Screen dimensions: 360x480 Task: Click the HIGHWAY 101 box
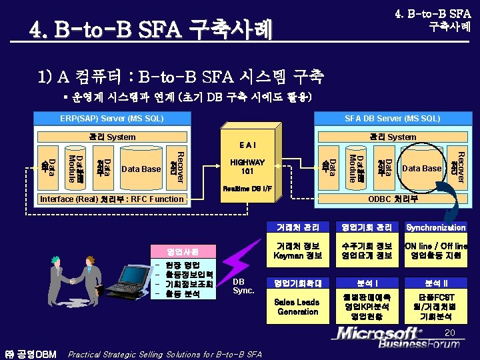tap(247, 167)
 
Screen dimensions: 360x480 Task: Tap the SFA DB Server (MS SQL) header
tap(392, 119)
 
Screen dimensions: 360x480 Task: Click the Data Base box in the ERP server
tap(141, 169)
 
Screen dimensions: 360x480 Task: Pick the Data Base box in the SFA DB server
tap(422, 169)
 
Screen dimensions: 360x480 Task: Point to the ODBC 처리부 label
tap(394, 199)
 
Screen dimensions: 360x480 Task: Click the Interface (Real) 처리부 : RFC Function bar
tap(111, 199)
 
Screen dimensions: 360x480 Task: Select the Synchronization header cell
tap(436, 227)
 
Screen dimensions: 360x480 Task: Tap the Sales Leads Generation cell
tap(298, 307)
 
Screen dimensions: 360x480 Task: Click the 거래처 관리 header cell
tap(298, 227)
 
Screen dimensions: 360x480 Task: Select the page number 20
tap(450, 332)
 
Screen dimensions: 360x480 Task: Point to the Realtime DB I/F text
tap(247, 189)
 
